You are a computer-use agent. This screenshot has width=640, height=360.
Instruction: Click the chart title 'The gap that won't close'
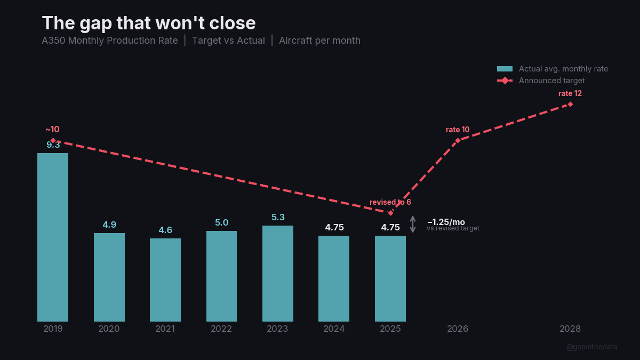pyautogui.click(x=149, y=23)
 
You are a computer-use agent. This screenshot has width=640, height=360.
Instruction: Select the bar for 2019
pyautogui.click(x=53, y=237)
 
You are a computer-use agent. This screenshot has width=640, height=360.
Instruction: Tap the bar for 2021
pyautogui.click(x=165, y=280)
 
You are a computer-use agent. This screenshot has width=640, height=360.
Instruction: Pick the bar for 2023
pyautogui.click(x=278, y=274)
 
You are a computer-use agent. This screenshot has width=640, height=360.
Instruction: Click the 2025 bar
pyautogui.click(x=390, y=278)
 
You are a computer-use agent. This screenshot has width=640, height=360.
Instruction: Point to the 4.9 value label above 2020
pyautogui.click(x=109, y=225)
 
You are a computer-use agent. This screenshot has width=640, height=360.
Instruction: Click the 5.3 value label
pyautogui.click(x=278, y=217)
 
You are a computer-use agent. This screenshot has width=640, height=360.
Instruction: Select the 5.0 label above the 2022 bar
pyautogui.click(x=221, y=222)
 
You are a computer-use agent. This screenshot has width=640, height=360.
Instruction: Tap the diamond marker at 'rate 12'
pyautogui.click(x=570, y=104)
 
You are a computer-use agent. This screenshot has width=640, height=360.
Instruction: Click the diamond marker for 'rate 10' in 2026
pyautogui.click(x=458, y=140)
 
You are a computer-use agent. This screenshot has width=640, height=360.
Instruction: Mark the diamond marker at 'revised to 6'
pyautogui.click(x=390, y=213)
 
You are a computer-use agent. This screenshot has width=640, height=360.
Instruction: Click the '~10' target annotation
pyautogui.click(x=52, y=129)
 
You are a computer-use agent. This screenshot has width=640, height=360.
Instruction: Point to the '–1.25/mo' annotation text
pyautogui.click(x=446, y=222)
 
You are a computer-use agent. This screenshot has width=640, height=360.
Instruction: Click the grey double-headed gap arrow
pyautogui.click(x=412, y=224)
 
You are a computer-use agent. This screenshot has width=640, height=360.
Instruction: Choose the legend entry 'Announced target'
pyautogui.click(x=551, y=81)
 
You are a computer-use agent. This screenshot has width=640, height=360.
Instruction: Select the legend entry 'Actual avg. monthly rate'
pyautogui.click(x=563, y=69)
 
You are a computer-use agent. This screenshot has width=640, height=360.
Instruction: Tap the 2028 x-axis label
pyautogui.click(x=570, y=329)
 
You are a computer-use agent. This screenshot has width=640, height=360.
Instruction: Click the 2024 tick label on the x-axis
pyautogui.click(x=334, y=329)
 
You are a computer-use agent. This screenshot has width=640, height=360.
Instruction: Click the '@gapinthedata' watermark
pyautogui.click(x=591, y=347)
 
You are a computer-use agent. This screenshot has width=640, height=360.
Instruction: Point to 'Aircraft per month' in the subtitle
pyautogui.click(x=319, y=41)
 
